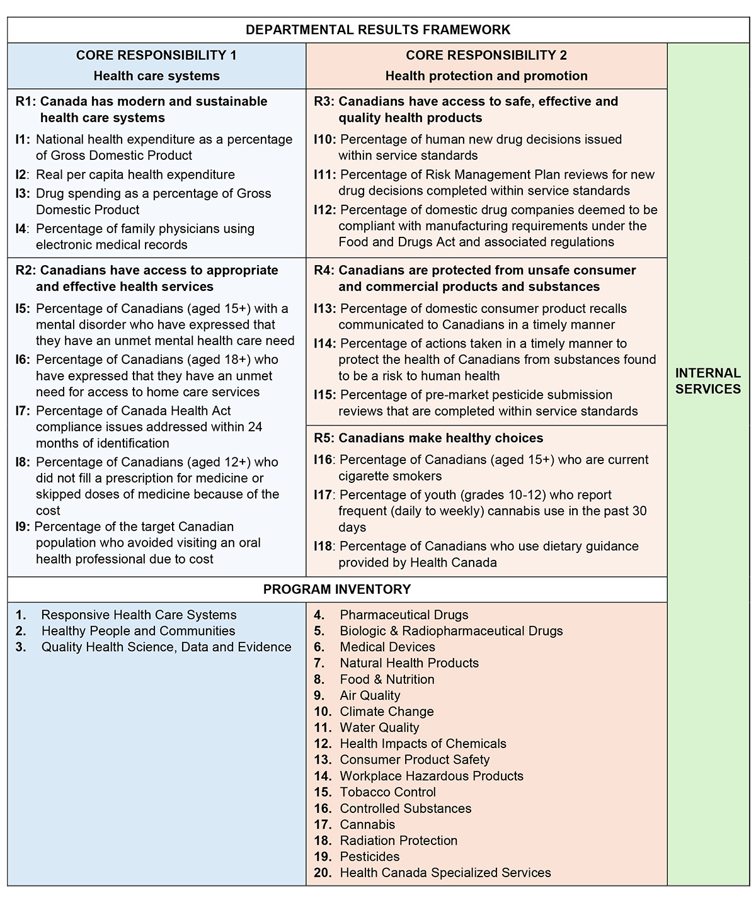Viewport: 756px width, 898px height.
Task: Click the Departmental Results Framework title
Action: (x=378, y=30)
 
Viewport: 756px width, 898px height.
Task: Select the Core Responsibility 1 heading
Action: (x=156, y=55)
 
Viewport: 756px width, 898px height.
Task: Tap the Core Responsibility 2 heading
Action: (x=486, y=55)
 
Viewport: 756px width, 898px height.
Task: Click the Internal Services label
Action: (x=707, y=381)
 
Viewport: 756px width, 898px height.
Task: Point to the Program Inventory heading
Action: (x=337, y=589)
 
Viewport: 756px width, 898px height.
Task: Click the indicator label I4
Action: (x=22, y=229)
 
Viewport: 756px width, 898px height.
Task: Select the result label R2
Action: (x=25, y=270)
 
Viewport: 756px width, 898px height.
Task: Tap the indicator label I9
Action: (x=22, y=526)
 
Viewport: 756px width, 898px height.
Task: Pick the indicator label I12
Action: (x=324, y=210)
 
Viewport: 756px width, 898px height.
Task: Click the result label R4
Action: (x=324, y=270)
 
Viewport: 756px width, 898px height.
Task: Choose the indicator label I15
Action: (x=324, y=395)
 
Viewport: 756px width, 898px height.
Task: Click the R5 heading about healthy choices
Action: (x=428, y=438)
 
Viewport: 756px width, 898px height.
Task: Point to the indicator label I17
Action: (x=323, y=495)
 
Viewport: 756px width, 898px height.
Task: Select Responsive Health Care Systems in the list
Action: (x=139, y=615)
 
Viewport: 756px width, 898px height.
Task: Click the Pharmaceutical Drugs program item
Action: (x=404, y=615)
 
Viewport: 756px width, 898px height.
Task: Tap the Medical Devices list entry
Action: (x=387, y=647)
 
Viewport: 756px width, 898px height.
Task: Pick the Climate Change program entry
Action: (x=387, y=712)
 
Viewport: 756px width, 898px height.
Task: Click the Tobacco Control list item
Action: (x=387, y=792)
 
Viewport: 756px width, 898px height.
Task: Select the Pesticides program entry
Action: (x=370, y=856)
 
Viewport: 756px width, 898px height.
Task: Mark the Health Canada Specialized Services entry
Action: (x=445, y=873)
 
